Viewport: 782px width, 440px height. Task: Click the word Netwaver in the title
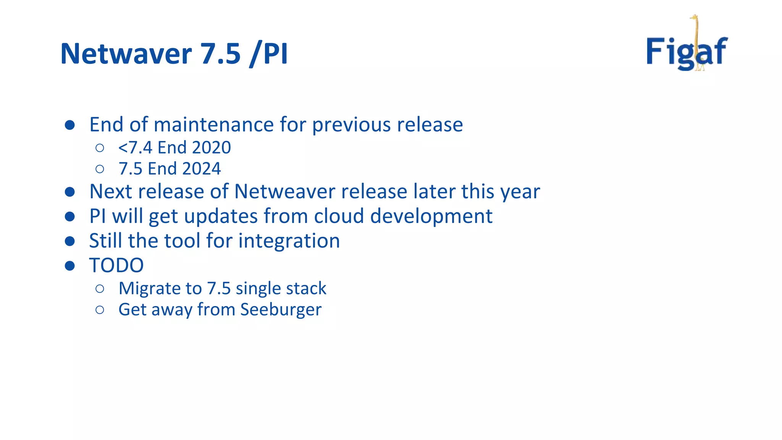pyautogui.click(x=126, y=53)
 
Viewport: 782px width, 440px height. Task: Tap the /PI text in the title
pyautogui.click(x=268, y=54)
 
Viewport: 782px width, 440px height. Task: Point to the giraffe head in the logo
pyautogui.click(x=694, y=18)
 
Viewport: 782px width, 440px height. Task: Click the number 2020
pyautogui.click(x=212, y=147)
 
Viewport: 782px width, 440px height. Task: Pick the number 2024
pyautogui.click(x=202, y=169)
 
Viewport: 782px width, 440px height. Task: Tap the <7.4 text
pyautogui.click(x=135, y=147)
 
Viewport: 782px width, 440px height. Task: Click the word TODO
pyautogui.click(x=116, y=265)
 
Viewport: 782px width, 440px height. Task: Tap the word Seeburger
pyautogui.click(x=281, y=309)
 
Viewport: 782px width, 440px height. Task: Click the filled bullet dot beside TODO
pyautogui.click(x=69, y=265)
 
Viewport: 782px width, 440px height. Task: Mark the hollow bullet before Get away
pyautogui.click(x=100, y=310)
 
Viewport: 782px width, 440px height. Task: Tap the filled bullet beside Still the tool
pyautogui.click(x=69, y=241)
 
